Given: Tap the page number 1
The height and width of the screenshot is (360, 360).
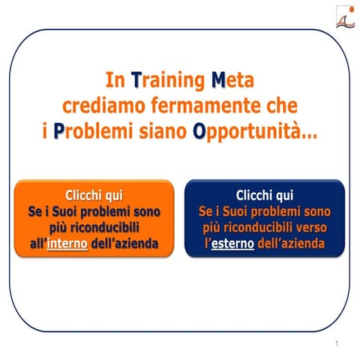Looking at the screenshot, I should (x=338, y=343).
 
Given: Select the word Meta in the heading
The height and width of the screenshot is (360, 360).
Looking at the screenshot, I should (x=238, y=79).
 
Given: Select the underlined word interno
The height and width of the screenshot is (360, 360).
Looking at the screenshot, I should (x=67, y=244).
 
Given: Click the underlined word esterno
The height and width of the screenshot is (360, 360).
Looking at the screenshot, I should (x=232, y=244).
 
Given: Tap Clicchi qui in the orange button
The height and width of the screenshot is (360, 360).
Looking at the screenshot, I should (x=94, y=196).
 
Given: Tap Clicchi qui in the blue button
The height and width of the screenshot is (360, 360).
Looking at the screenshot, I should (x=265, y=196).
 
